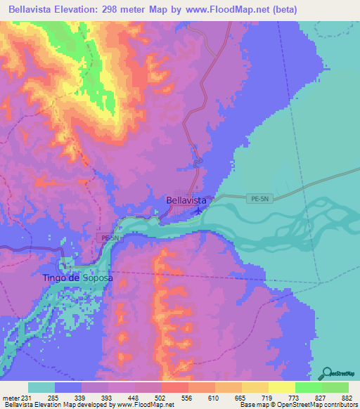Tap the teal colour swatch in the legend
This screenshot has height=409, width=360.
(41, 387)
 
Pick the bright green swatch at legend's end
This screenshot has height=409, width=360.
(335, 387)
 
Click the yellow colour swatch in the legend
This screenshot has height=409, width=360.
(281, 387)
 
